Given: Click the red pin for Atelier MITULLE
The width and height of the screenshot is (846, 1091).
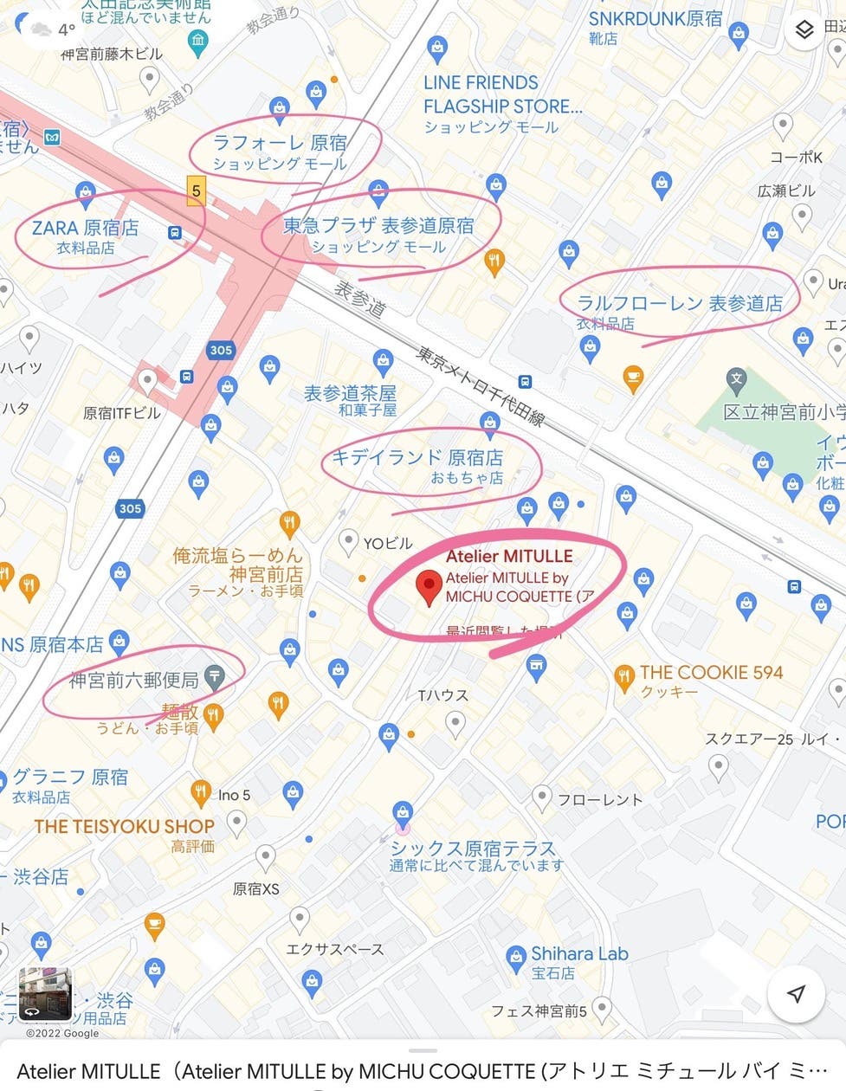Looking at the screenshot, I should tap(429, 586).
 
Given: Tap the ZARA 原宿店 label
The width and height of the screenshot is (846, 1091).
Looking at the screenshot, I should tap(85, 228).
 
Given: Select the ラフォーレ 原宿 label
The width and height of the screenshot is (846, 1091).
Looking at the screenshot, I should tap(280, 143).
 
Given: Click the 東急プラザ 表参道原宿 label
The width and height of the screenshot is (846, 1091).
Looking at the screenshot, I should tap(378, 225).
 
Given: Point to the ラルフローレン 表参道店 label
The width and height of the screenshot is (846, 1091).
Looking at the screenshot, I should tap(680, 303).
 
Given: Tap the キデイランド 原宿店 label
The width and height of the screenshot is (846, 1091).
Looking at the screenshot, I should tap(417, 457).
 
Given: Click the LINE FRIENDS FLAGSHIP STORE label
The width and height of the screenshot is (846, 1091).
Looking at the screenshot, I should tap(502, 95).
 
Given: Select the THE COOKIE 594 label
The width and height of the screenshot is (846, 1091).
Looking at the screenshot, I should tap(711, 673).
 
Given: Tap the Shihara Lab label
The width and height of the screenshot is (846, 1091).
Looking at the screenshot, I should tap(579, 954).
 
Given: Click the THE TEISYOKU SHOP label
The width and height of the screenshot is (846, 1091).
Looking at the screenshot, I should tap(124, 826).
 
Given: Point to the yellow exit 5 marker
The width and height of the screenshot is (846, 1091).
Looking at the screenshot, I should tap(197, 190).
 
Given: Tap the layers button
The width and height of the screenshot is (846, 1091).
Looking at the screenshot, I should tap(804, 30).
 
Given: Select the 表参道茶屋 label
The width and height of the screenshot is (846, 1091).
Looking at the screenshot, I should tap(350, 394).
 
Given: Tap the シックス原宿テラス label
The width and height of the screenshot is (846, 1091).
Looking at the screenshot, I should tap(473, 848).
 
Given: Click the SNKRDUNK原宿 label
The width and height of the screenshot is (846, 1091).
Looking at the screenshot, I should tap(655, 18).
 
